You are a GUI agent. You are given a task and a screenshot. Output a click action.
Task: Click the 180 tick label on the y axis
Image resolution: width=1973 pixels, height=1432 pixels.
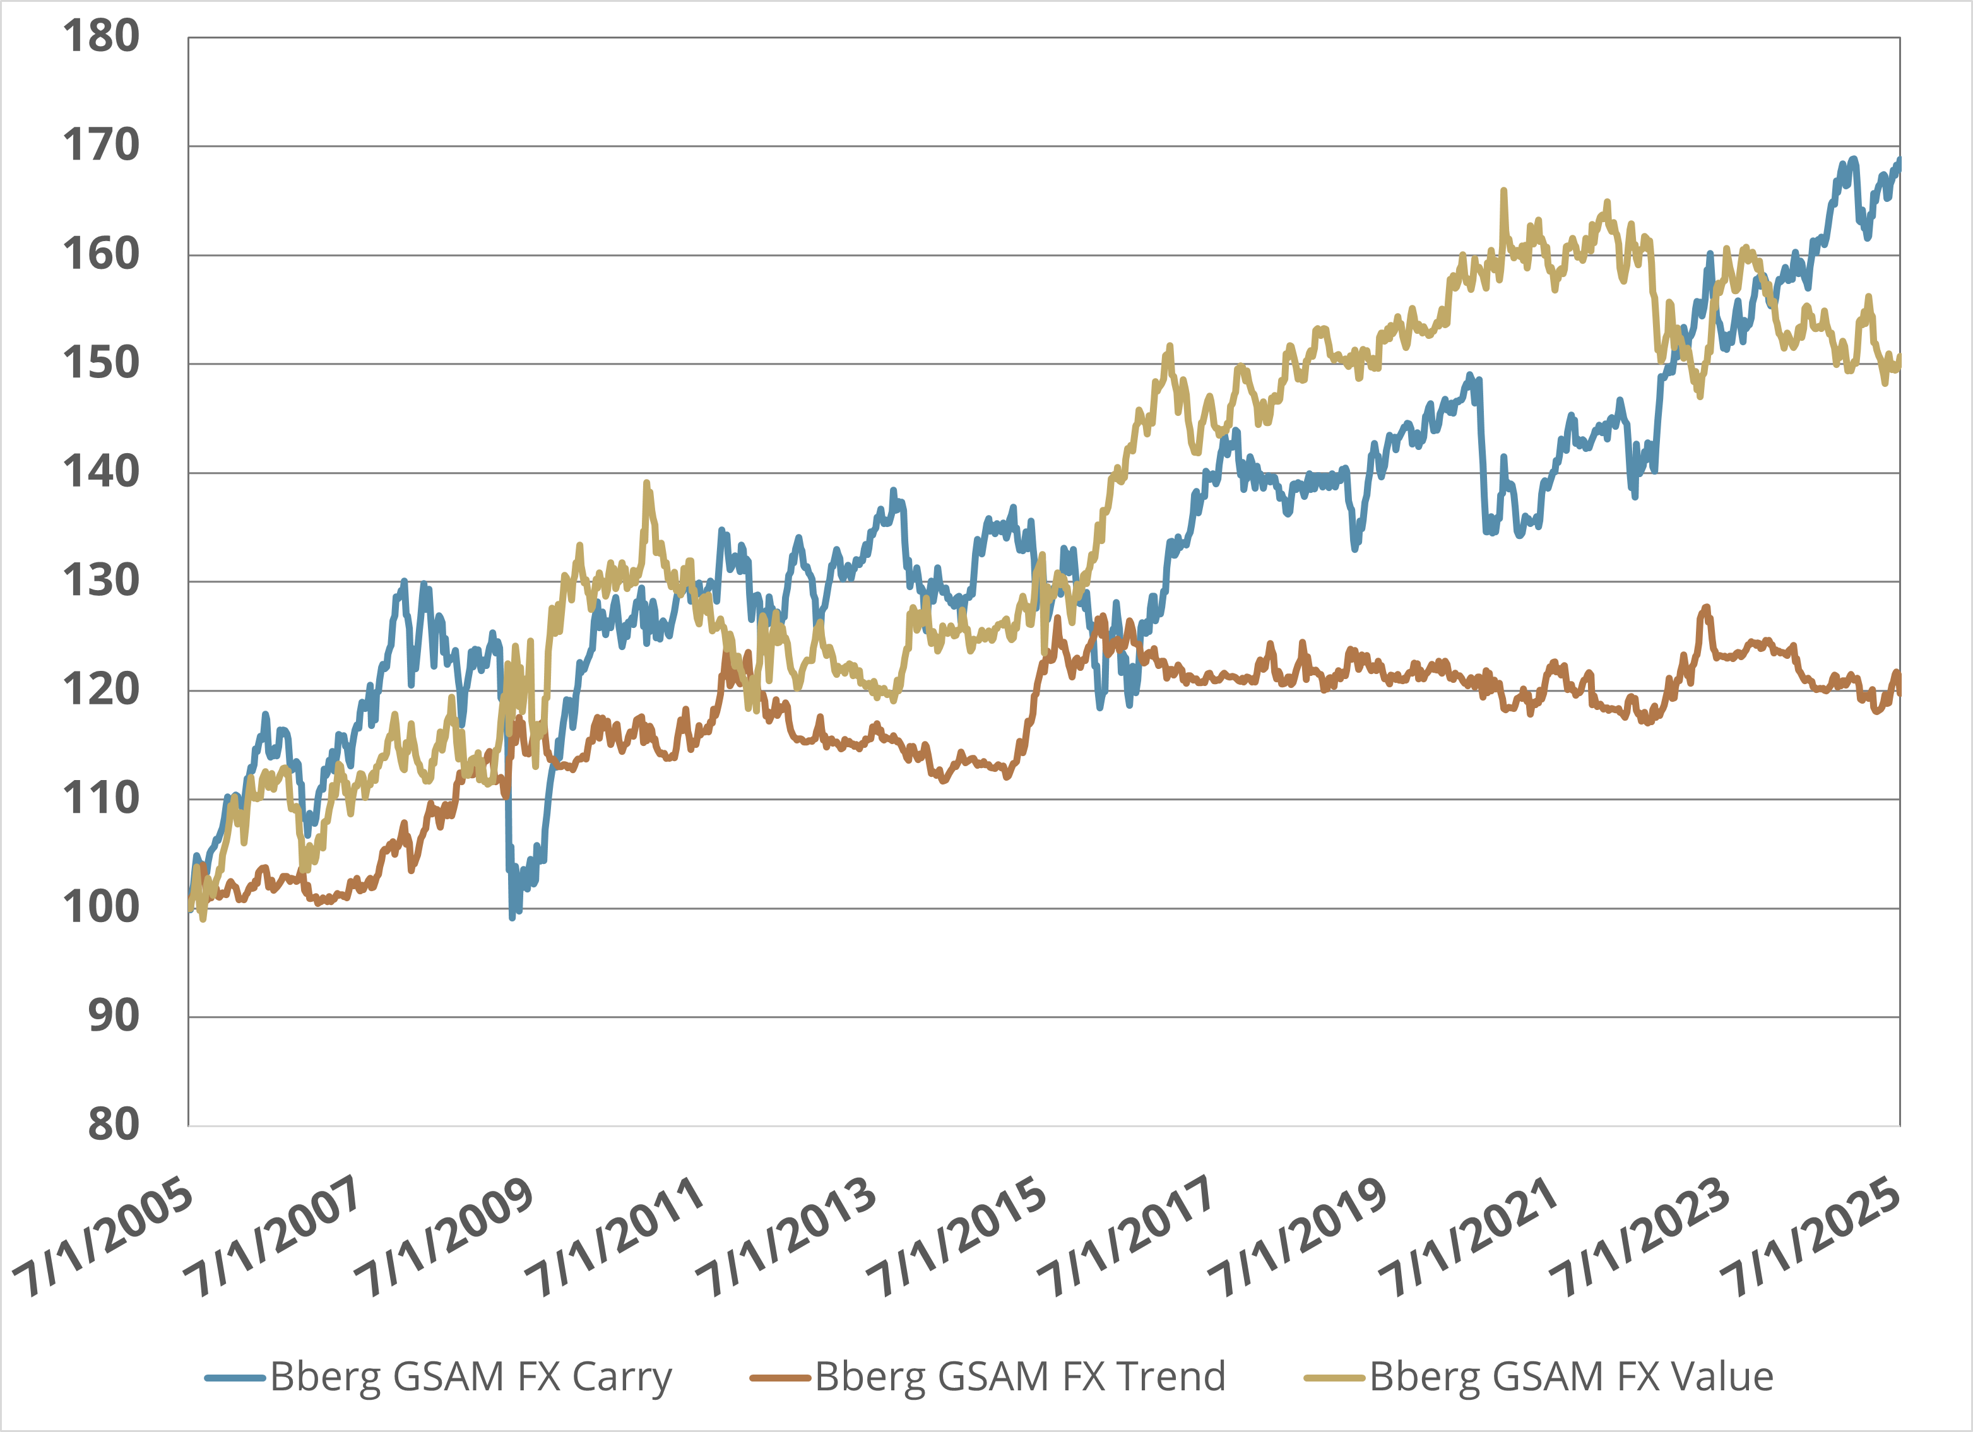(x=101, y=37)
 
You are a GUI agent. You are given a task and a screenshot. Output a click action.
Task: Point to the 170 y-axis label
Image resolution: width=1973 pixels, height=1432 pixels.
(x=101, y=145)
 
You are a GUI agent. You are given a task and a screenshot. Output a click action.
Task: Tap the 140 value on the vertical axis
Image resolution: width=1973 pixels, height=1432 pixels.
(x=101, y=473)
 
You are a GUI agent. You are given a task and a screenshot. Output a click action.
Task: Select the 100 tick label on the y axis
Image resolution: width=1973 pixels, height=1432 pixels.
(x=101, y=908)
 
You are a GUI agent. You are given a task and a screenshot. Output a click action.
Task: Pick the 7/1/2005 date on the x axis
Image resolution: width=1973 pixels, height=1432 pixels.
(x=103, y=1239)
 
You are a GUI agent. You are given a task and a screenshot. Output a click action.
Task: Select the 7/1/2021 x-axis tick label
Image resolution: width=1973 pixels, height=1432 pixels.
(x=1469, y=1239)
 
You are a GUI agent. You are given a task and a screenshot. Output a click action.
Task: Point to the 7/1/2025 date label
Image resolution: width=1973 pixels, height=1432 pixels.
(x=1811, y=1239)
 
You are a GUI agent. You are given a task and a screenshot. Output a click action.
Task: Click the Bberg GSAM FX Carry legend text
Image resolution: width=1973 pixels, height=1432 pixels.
(x=471, y=1377)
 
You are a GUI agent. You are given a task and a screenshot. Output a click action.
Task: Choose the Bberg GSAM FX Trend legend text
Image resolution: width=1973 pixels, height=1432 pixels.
(x=1019, y=1377)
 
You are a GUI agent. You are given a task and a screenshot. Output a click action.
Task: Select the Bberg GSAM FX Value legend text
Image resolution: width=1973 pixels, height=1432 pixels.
(x=1571, y=1377)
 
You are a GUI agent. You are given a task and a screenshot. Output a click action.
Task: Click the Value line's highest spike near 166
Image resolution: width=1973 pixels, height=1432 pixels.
(x=1503, y=191)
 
